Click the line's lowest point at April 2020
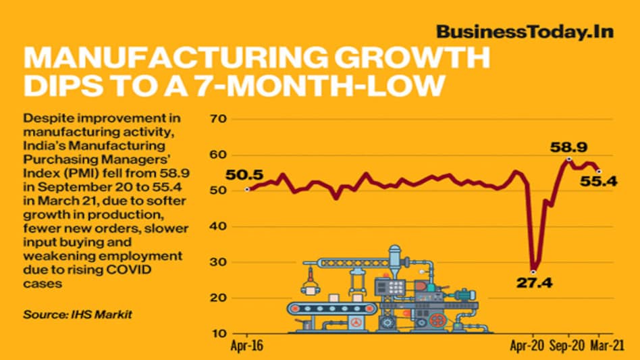point(533,271)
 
